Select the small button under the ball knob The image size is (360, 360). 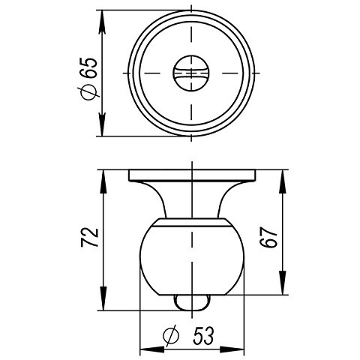click(193, 301)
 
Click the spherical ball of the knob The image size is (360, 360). click(193, 259)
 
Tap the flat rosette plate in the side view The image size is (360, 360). click(193, 176)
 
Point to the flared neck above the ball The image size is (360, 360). click(193, 201)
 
